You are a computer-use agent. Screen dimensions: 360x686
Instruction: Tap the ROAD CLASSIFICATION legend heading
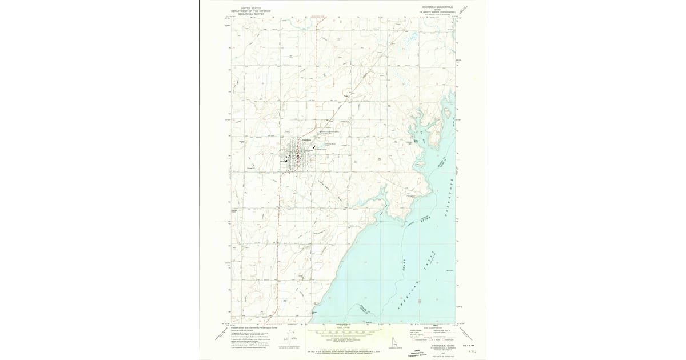[433, 327]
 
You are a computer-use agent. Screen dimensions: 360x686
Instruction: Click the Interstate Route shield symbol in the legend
[411, 339]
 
